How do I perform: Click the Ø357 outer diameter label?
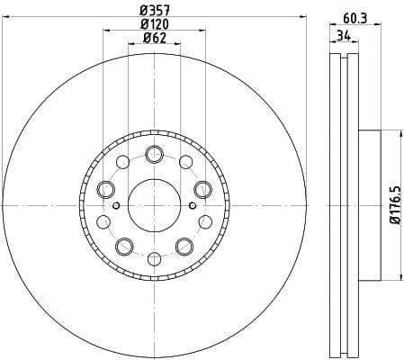154,12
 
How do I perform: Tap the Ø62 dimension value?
154,39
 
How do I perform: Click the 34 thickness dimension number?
342,36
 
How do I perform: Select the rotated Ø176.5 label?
392,205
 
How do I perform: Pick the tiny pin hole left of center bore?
118,205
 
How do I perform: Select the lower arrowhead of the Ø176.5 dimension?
396,277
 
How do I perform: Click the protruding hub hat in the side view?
371,205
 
